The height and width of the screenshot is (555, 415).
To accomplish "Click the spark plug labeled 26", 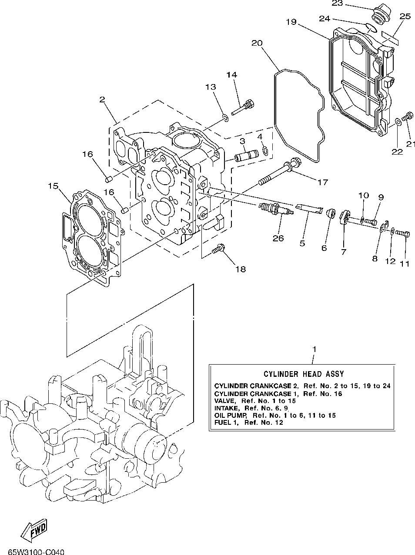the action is pos(276,208).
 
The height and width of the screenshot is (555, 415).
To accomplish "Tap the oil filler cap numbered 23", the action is pos(380,13).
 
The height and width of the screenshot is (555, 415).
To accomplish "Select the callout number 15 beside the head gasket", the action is pos(53,186).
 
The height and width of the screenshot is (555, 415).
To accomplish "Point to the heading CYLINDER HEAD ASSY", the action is pos(304,374).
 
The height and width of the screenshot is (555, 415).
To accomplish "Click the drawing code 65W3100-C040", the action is pos(37,551).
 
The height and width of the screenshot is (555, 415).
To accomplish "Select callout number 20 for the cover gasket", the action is pos(257,43).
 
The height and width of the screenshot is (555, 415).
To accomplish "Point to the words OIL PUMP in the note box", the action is pos(230,415).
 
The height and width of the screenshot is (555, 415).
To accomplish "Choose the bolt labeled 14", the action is pos(243,108).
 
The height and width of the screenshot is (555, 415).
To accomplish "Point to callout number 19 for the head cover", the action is pos(291,22).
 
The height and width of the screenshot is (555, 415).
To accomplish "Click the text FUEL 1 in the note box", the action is pos(227,422).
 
